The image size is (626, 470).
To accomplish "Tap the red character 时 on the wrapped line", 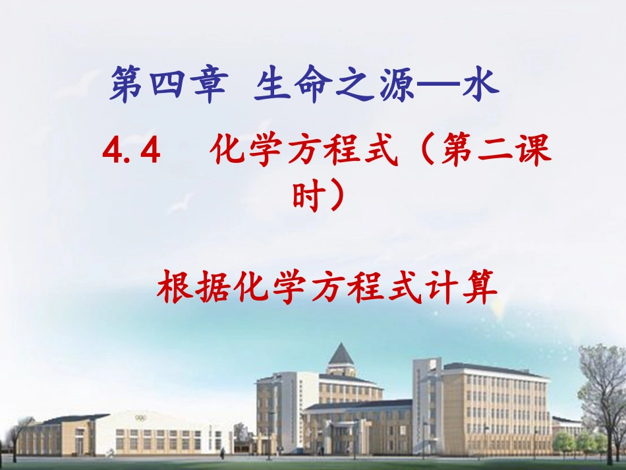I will [307, 196].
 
